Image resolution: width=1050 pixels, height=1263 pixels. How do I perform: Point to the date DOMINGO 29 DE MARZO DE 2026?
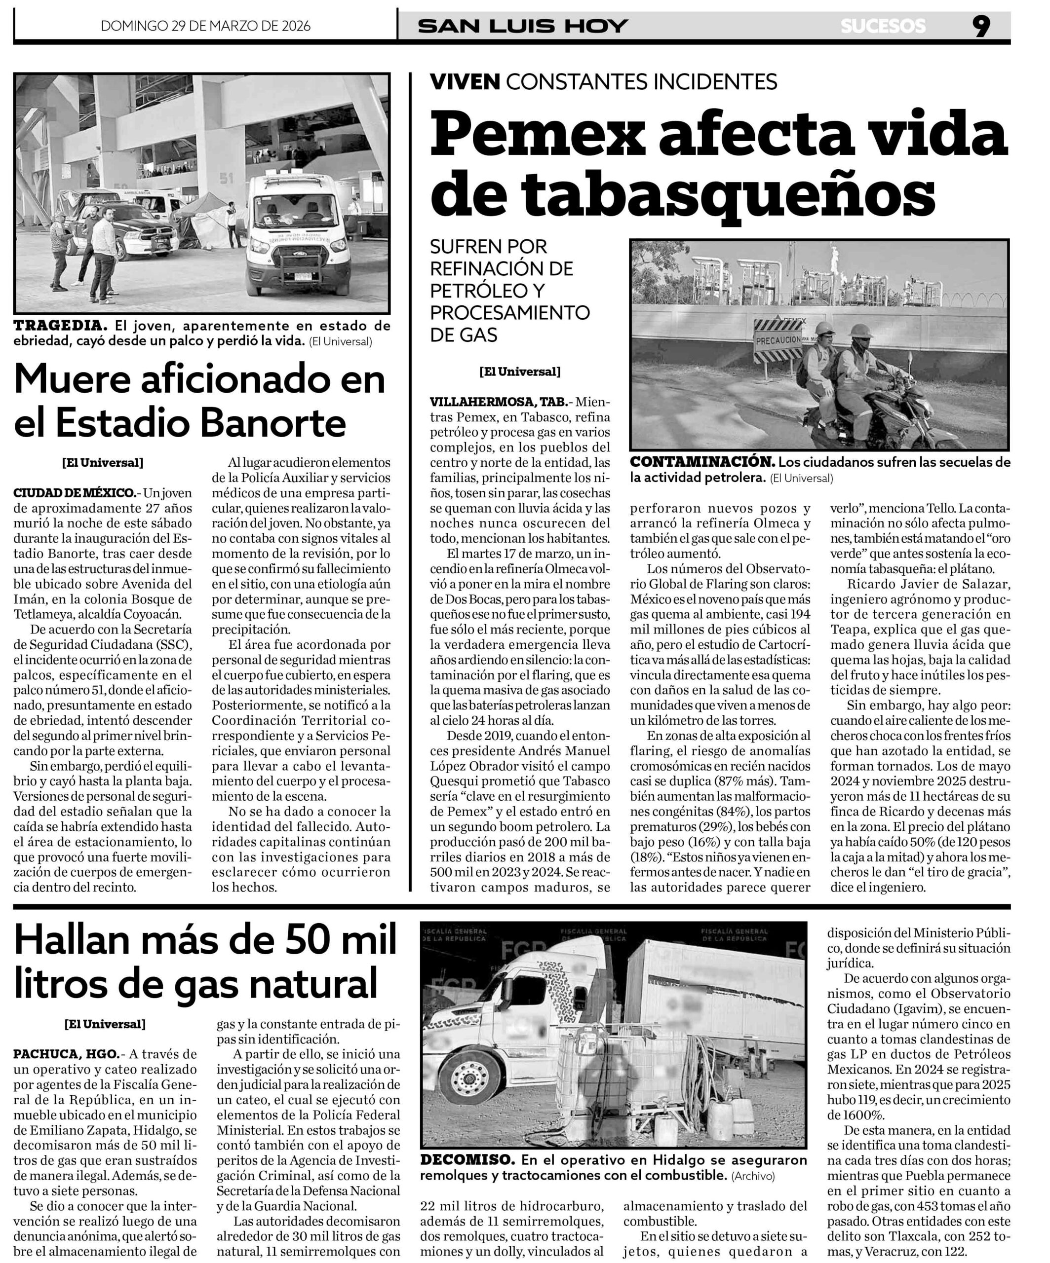[x=205, y=26]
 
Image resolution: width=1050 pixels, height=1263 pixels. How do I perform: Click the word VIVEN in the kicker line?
[x=465, y=81]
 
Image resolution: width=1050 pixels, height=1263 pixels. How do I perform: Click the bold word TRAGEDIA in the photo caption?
[x=60, y=326]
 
